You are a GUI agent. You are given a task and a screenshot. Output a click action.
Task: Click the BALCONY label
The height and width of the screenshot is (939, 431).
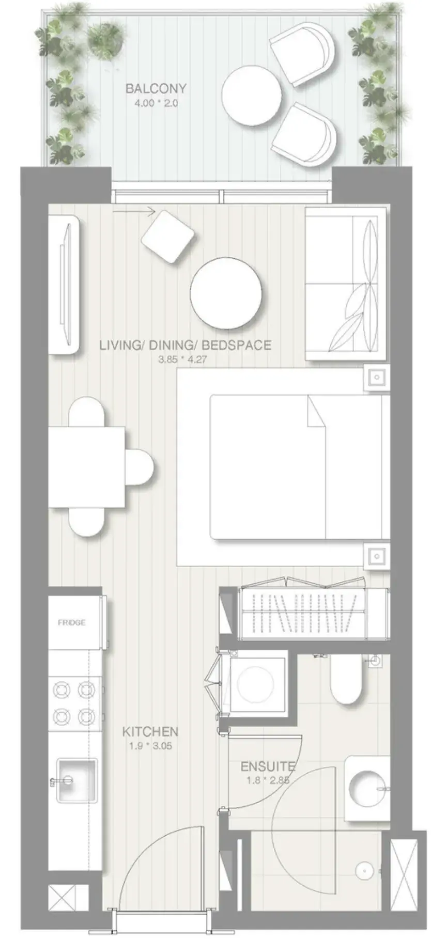(x=156, y=88)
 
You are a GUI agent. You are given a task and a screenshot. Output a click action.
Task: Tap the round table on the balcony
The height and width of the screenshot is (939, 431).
(x=252, y=95)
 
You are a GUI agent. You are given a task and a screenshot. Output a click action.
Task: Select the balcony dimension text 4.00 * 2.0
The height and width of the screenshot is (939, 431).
(x=156, y=103)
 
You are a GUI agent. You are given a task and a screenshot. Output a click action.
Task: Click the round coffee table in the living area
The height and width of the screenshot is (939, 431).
(x=226, y=292)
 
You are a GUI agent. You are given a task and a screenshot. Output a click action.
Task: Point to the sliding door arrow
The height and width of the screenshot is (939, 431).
(x=134, y=211)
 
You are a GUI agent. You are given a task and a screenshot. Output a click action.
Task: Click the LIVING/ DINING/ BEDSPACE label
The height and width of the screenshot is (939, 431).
(x=186, y=345)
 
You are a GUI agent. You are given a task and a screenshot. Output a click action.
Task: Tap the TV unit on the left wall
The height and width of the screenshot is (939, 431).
(x=65, y=285)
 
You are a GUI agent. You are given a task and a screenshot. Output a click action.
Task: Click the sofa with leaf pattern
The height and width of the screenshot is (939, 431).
(x=345, y=284)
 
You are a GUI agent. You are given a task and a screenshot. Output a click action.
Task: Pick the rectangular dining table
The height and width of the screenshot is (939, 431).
(x=87, y=467)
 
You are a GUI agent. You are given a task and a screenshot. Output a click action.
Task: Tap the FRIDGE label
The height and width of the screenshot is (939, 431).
(x=72, y=622)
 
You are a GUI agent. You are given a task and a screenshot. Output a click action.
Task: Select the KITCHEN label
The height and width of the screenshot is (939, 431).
(x=150, y=731)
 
